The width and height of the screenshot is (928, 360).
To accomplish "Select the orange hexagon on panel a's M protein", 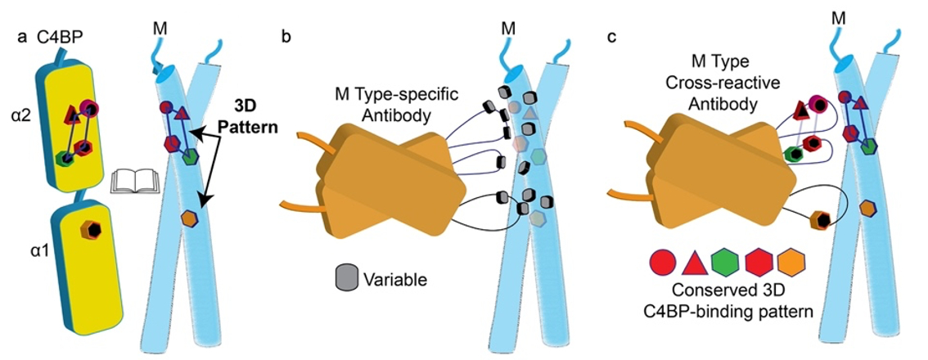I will point(190,218).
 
